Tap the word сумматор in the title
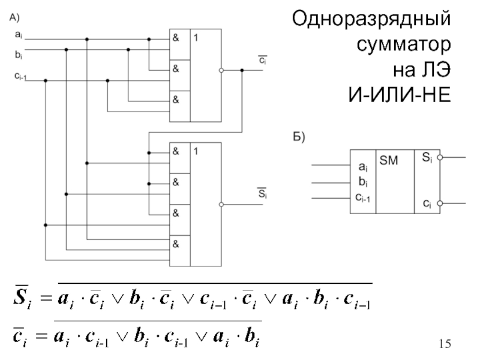tap(403, 45)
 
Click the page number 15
tap(445, 344)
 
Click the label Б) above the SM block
tap(298, 138)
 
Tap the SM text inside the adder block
tap(389, 160)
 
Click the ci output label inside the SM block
tap(426, 204)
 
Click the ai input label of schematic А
tap(19, 37)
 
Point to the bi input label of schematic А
tap(19, 53)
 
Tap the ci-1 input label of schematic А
tap(20, 76)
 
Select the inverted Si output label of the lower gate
tap(262, 193)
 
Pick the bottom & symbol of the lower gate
tap(176, 244)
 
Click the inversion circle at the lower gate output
tap(223, 205)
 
